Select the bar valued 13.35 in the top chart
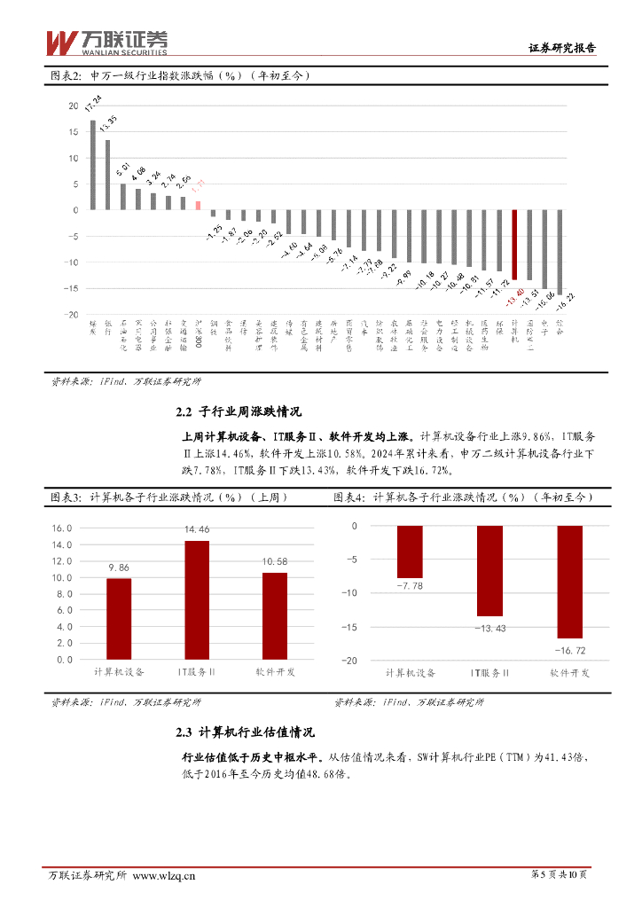[x=108, y=176]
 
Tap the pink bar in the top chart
[x=199, y=206]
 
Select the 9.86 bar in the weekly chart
[x=118, y=619]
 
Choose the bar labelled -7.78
[x=410, y=552]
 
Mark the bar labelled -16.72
[x=570, y=582]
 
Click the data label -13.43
[x=489, y=629]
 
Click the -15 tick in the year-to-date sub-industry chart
[x=351, y=627]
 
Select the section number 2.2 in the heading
[x=184, y=412]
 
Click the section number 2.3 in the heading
[x=184, y=733]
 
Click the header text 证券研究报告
[x=562, y=50]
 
